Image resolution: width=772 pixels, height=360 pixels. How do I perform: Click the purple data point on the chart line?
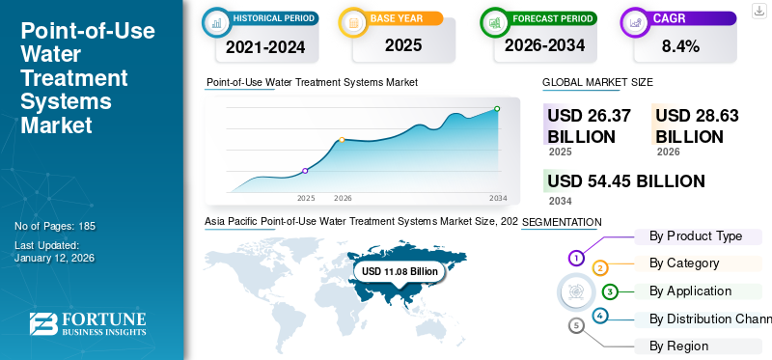(306, 171)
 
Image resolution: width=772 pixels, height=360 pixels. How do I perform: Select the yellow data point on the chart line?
(342, 140)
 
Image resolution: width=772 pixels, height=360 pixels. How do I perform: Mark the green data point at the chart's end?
(497, 109)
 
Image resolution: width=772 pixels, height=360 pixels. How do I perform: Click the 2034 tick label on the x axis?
(498, 198)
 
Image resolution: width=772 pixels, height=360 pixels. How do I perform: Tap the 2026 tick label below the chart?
(343, 198)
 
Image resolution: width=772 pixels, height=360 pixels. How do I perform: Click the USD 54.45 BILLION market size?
(625, 180)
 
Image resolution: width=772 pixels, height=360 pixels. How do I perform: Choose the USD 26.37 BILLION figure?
(589, 125)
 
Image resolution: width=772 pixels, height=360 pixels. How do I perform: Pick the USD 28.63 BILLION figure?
(697, 125)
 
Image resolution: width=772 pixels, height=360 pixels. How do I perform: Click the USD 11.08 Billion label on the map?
(400, 272)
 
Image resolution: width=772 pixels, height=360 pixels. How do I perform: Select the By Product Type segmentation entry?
(696, 236)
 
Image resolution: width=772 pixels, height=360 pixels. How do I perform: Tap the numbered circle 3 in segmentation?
(610, 291)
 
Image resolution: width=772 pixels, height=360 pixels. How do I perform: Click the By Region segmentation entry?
(678, 346)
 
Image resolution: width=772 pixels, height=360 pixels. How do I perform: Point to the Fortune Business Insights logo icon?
(43, 325)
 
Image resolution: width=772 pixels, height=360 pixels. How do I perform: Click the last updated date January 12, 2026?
(55, 259)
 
